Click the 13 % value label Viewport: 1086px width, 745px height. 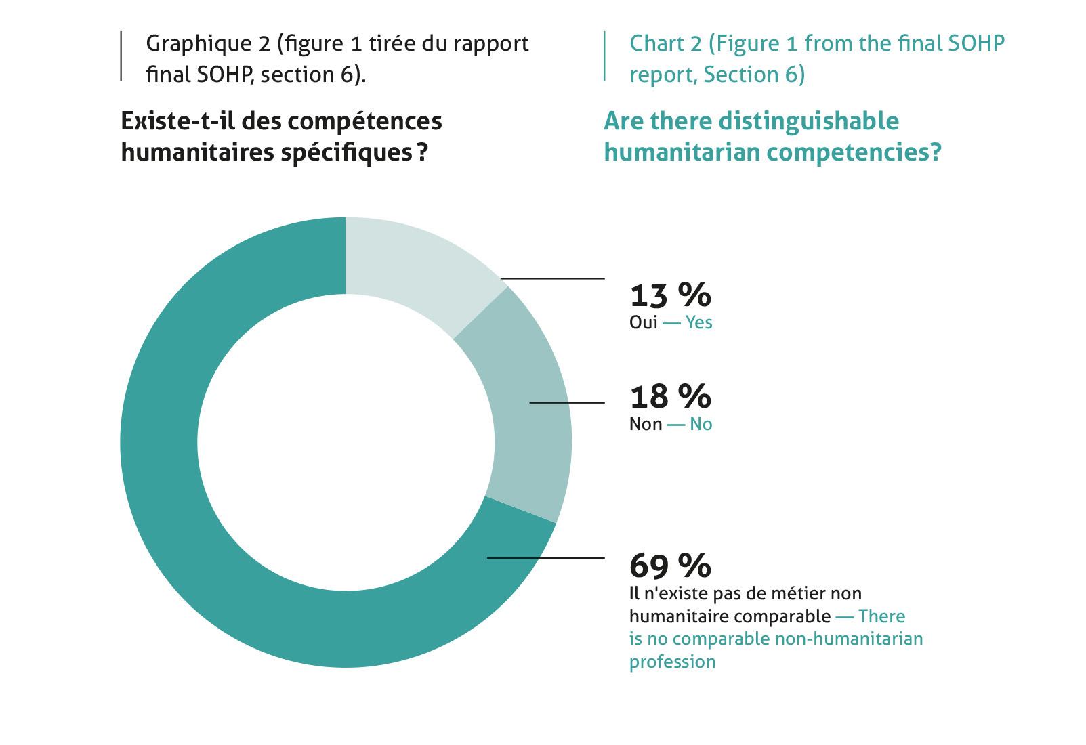[671, 295]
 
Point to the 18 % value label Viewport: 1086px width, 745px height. [671, 397]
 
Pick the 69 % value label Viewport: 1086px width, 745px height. [671, 566]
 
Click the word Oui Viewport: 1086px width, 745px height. [644, 322]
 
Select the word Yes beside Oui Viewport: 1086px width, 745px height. [698, 322]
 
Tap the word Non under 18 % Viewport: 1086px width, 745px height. [646, 424]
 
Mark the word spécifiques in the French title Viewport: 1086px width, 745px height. [346, 153]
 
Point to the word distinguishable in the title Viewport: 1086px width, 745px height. [809, 122]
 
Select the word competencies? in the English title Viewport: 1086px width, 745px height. [854, 153]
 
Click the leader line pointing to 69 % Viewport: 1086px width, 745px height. [546, 558]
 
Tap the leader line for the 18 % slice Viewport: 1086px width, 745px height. [567, 403]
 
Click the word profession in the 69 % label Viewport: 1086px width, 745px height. [673, 662]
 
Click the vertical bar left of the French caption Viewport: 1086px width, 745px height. [121, 56]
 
